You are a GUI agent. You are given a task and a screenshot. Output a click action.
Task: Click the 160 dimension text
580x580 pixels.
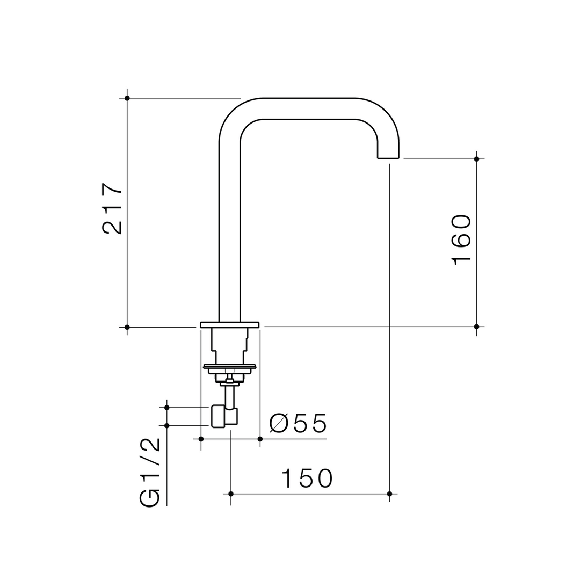pyautogui.click(x=461, y=240)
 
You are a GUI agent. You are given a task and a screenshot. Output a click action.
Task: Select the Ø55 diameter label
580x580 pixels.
pyautogui.click(x=298, y=424)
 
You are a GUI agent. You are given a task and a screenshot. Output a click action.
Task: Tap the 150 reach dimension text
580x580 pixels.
pyautogui.click(x=307, y=478)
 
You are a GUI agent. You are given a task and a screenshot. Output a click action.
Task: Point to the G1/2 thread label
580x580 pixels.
pyautogui.click(x=149, y=473)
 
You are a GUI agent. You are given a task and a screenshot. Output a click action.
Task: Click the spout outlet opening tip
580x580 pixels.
pyautogui.click(x=388, y=158)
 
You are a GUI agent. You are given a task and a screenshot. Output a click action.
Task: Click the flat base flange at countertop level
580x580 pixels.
pyautogui.click(x=229, y=324)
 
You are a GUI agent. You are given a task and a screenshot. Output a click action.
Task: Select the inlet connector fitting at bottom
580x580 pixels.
pyautogui.click(x=224, y=417)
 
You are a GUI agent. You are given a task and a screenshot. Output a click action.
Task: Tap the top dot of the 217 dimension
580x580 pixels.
pyautogui.click(x=127, y=98)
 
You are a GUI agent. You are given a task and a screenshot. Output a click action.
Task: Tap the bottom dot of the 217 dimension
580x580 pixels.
pyautogui.click(x=127, y=327)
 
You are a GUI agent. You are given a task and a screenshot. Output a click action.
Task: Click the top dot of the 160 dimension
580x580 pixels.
pyautogui.click(x=476, y=159)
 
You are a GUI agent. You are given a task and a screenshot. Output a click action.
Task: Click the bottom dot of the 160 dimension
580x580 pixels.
pyautogui.click(x=476, y=327)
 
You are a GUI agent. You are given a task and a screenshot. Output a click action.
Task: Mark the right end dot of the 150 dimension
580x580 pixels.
pyautogui.click(x=389, y=494)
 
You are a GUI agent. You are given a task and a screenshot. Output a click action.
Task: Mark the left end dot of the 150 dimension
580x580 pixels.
pyautogui.click(x=231, y=494)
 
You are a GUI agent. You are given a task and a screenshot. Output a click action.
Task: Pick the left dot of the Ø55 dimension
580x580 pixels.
pyautogui.click(x=201, y=439)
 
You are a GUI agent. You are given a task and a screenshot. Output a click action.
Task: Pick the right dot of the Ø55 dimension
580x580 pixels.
pyautogui.click(x=260, y=439)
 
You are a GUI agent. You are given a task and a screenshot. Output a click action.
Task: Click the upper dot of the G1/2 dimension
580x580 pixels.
pyautogui.click(x=166, y=408)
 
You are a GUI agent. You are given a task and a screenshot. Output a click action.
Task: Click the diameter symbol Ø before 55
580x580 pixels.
pyautogui.click(x=279, y=424)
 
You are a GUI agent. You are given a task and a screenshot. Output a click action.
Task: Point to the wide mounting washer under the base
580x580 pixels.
pyautogui.click(x=229, y=367)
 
